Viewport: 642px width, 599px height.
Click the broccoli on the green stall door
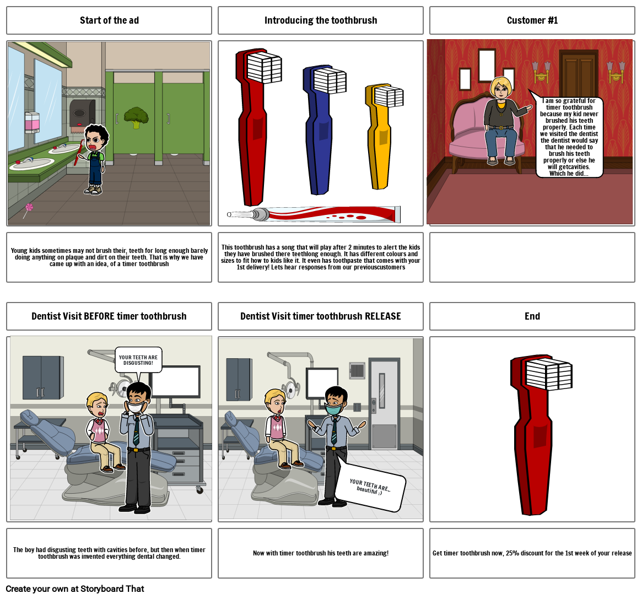click(x=136, y=117)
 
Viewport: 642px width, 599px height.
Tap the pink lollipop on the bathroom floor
click(x=29, y=207)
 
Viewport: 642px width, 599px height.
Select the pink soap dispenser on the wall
click(x=33, y=122)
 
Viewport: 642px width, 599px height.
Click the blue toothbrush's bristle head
click(x=330, y=81)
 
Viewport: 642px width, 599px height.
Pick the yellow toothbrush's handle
click(x=380, y=149)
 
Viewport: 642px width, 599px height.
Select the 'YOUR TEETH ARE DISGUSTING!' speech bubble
click(x=138, y=359)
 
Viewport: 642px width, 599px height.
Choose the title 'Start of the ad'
click(x=109, y=20)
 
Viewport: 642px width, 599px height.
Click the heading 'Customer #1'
click(x=532, y=20)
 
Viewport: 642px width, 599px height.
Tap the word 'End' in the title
click(x=532, y=316)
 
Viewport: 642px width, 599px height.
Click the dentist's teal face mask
click(x=333, y=409)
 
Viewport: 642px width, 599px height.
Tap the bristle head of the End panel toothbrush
click(x=548, y=374)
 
